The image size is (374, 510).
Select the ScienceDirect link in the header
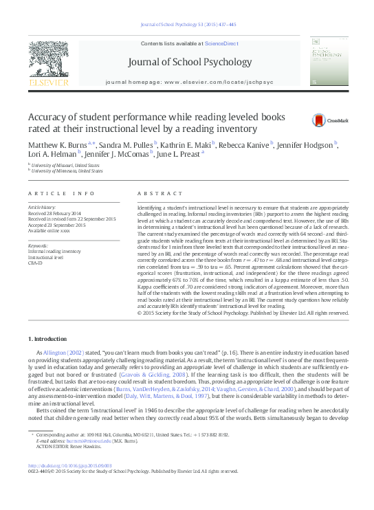(x=221, y=43)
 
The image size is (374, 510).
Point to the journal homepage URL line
(x=189, y=82)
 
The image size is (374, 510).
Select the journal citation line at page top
(x=187, y=24)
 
